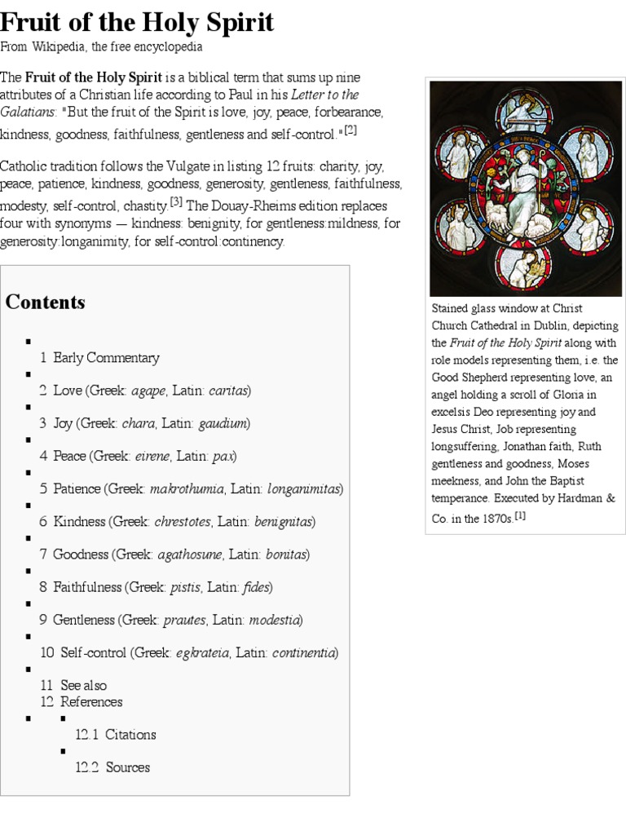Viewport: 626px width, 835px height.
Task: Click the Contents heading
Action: click(45, 303)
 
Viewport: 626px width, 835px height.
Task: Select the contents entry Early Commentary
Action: click(106, 357)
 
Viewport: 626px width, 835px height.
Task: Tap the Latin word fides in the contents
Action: click(255, 587)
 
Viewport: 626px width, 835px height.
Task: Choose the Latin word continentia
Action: click(303, 653)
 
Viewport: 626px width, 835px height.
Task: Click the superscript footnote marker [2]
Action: click(350, 130)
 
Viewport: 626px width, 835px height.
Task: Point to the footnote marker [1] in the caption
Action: click(519, 515)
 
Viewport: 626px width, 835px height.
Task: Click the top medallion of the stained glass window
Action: click(525, 112)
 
